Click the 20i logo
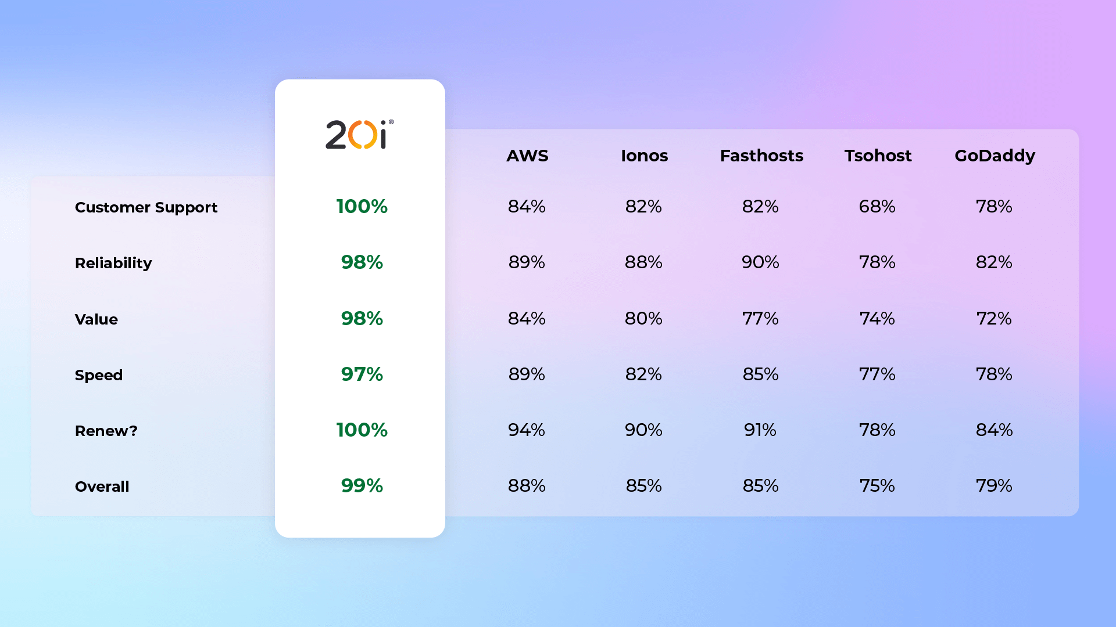point(359,134)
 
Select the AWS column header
point(527,156)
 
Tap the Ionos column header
point(644,156)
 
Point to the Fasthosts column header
point(761,156)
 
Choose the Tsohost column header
point(878,156)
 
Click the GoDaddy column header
point(995,156)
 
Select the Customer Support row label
point(146,208)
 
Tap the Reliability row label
point(113,264)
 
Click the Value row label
point(96,319)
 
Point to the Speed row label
point(99,376)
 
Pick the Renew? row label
point(106,431)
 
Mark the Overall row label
point(102,487)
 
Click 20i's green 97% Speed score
point(362,374)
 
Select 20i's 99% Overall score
point(362,485)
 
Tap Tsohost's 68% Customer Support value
point(877,206)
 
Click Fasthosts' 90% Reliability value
point(760,262)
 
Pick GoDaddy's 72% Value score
point(994,318)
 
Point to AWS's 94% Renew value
point(527,430)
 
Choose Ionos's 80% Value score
point(643,318)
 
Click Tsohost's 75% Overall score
point(877,485)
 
